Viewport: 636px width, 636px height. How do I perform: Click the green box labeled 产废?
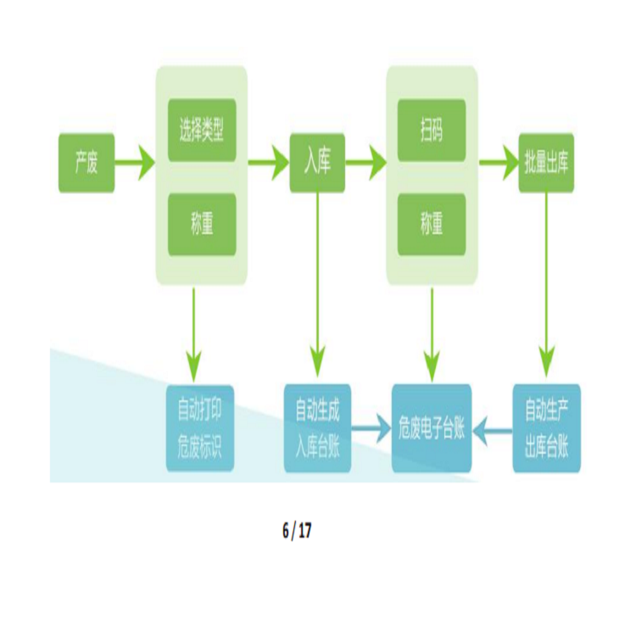(86, 162)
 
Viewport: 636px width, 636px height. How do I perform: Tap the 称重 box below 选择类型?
(202, 225)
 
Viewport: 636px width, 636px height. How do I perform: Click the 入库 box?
(317, 162)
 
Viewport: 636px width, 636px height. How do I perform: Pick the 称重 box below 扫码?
(432, 225)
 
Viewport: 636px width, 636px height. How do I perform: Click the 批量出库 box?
(547, 162)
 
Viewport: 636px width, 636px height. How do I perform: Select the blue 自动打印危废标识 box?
(199, 428)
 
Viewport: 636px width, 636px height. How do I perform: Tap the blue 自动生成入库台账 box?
(316, 428)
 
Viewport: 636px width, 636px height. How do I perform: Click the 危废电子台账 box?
(432, 428)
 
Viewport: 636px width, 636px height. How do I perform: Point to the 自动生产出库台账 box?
(547, 428)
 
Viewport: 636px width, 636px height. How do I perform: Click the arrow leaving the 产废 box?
(135, 162)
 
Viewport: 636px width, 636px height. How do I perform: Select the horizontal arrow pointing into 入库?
(269, 162)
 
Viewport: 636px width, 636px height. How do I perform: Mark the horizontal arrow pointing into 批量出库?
(499, 162)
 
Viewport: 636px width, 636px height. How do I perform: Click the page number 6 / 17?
(297, 532)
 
